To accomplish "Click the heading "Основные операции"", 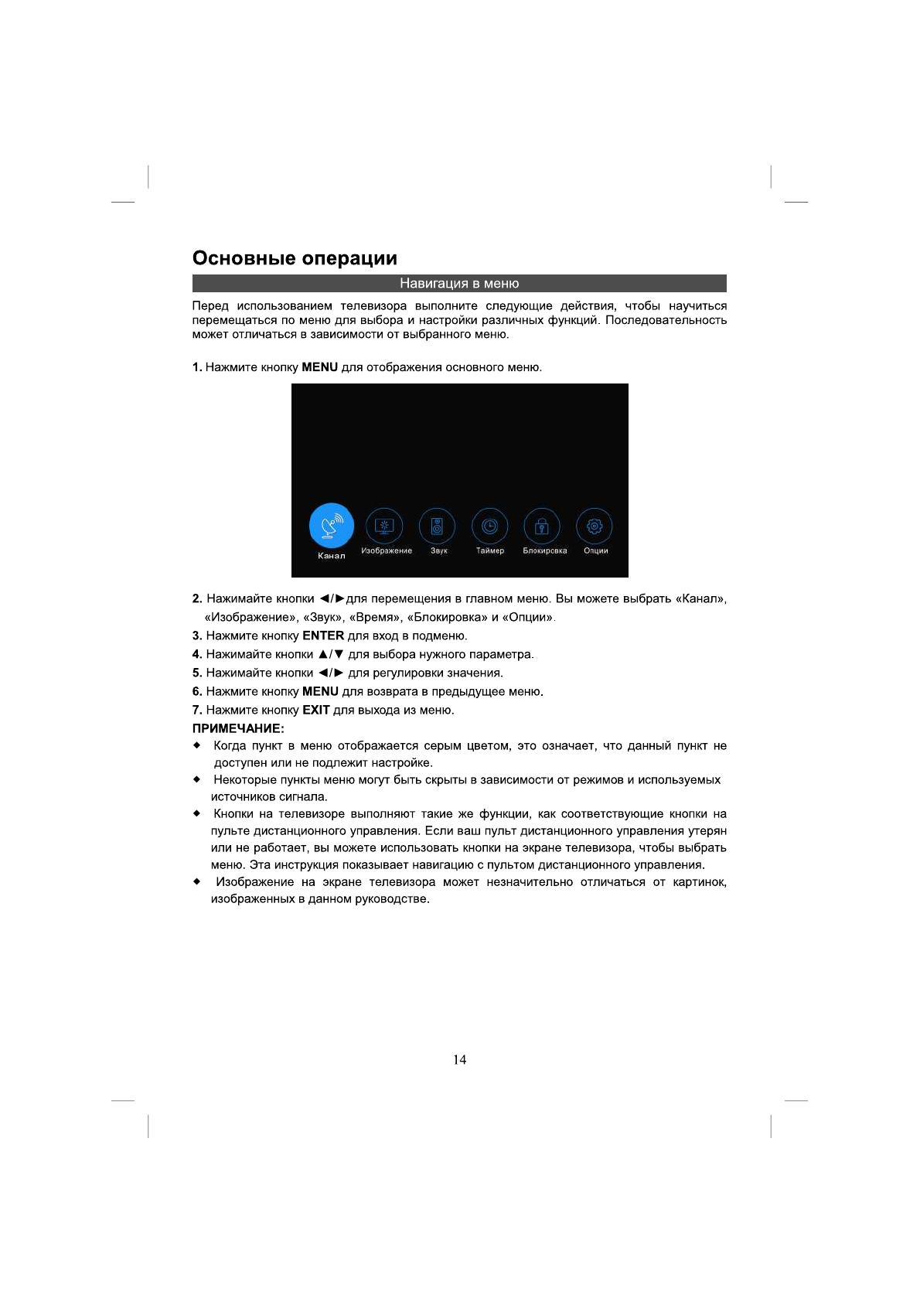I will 295,258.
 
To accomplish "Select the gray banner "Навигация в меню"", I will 459,284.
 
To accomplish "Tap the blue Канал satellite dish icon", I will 332,526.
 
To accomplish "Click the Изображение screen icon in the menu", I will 384,527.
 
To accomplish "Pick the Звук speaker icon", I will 437,527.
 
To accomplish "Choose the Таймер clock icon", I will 489,527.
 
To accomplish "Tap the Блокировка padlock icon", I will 542,527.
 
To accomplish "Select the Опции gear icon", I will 595,527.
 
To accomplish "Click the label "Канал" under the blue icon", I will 332,556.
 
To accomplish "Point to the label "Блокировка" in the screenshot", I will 545,551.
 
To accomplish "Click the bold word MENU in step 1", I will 319,367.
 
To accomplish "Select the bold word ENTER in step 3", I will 323,636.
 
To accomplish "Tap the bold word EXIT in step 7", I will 315,711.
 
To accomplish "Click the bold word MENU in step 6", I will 320,692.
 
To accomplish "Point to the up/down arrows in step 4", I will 331,655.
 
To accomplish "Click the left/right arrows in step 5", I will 331,673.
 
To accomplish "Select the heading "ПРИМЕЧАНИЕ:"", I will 238,728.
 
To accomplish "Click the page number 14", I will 460,1060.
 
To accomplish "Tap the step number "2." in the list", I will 197,599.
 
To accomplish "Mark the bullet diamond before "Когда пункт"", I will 197,746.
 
